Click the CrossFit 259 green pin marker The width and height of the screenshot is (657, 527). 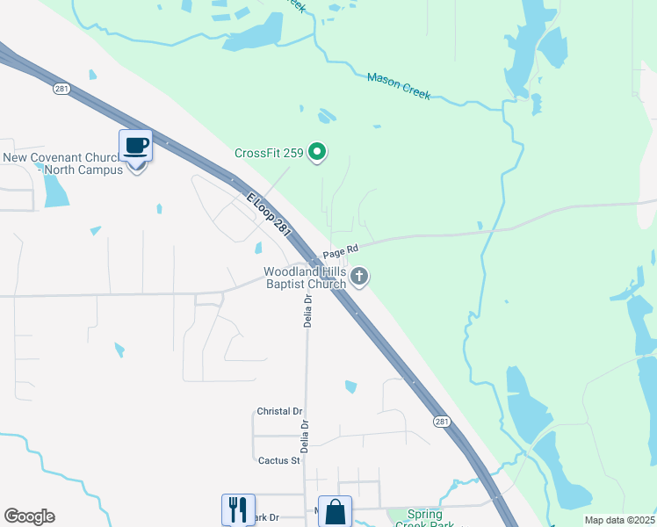coord(318,153)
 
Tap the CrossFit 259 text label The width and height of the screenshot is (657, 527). coord(269,153)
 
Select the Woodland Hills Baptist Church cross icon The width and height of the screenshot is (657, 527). coord(358,278)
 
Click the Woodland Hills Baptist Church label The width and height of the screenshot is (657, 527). coord(307,278)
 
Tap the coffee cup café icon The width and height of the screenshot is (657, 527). coord(136,145)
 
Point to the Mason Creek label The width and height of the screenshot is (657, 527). coord(398,86)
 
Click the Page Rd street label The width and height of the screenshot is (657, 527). coord(341,251)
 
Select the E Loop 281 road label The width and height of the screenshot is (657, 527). coord(269,213)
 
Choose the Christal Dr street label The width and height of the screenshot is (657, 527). coord(279,411)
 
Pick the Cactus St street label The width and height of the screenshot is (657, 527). coord(278,459)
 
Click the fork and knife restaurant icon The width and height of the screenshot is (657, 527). coord(238,509)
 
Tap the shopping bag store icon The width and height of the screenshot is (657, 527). coord(335,511)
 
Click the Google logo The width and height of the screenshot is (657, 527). coord(29,516)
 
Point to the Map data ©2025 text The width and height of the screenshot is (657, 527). coord(619,520)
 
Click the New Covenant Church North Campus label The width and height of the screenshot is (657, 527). coord(63,163)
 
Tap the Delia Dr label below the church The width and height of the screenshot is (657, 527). coord(308,310)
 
